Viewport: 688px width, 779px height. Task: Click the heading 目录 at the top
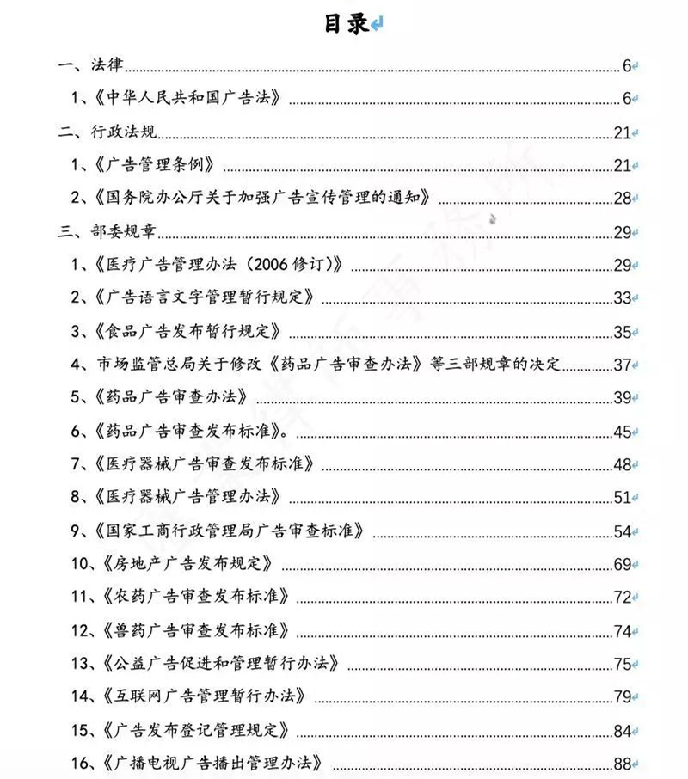pyautogui.click(x=346, y=24)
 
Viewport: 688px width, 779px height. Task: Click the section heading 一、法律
pyautogui.click(x=91, y=65)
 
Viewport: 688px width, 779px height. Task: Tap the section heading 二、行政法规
pyautogui.click(x=107, y=132)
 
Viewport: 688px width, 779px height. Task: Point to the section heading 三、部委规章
pyautogui.click(x=107, y=231)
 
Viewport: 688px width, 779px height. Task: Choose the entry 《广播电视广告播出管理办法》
pyautogui.click(x=210, y=763)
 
